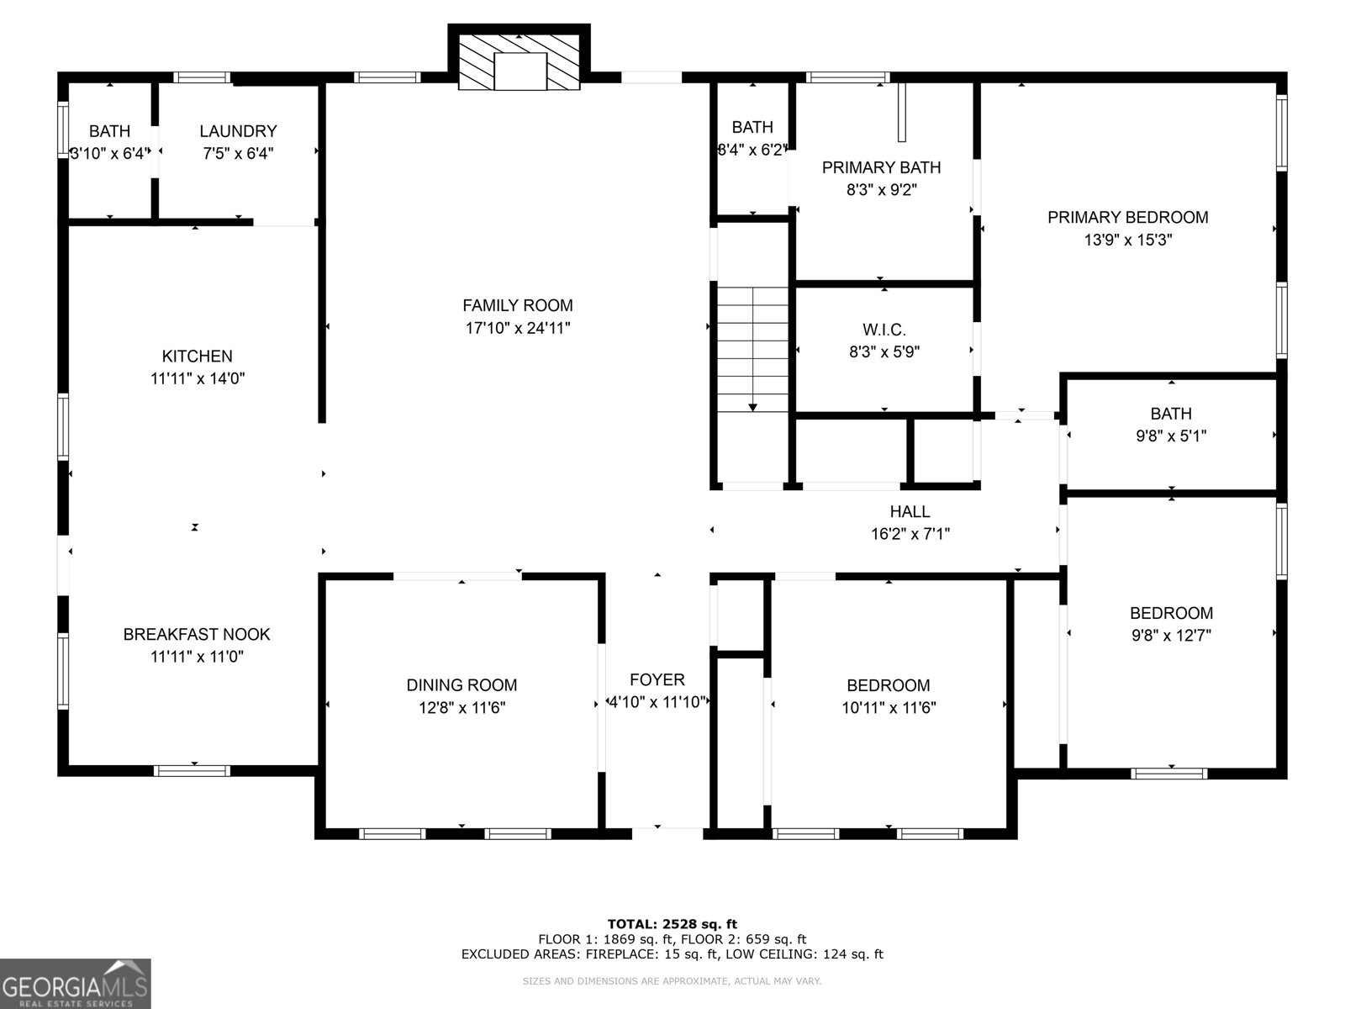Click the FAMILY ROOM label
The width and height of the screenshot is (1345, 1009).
pos(518,305)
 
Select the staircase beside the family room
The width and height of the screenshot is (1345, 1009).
pos(752,348)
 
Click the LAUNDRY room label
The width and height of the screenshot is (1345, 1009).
pos(238,131)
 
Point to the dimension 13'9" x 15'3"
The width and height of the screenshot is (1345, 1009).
pos(1127,240)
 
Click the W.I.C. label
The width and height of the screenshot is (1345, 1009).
pos(883,330)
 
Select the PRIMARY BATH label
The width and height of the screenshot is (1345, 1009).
pos(881,167)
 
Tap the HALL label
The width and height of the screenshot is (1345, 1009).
pos(910,511)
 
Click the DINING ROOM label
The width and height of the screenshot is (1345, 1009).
pos(462,685)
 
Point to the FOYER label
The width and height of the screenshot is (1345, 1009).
pos(657,679)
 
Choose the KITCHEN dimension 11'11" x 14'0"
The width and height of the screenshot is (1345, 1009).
pos(198,378)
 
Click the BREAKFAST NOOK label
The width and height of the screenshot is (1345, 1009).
pos(197,634)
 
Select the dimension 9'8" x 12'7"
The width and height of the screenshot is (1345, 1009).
pos(1171,636)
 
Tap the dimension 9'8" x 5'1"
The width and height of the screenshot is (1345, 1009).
pos(1171,436)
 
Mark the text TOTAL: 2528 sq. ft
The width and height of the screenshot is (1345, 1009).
pos(672,923)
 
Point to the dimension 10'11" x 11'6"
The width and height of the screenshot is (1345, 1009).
pos(889,708)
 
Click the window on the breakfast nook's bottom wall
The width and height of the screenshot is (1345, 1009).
pos(192,770)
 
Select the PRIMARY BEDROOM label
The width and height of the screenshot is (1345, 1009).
pos(1127,217)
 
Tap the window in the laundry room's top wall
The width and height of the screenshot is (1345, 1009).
pos(202,77)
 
